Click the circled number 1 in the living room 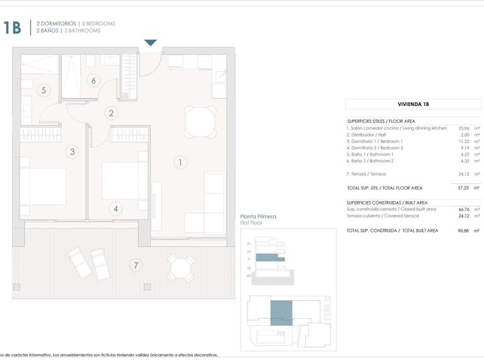pos(180,163)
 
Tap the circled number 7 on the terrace pos(135,265)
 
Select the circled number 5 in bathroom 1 pos(43,90)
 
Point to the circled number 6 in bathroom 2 pos(93,80)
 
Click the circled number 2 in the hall pos(112,113)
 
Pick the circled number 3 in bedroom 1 pos(72,151)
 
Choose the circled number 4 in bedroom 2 pos(115,209)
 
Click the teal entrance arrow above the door pos(150,43)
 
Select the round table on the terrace pos(180,270)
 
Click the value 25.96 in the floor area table pos(464,128)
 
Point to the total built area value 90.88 pos(464,231)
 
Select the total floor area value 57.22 pos(464,188)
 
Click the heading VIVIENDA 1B pos(413,105)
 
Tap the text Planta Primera pos(259,217)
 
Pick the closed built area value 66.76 pos(464,209)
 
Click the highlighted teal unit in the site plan pos(281,313)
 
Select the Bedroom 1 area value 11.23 pos(464,141)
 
